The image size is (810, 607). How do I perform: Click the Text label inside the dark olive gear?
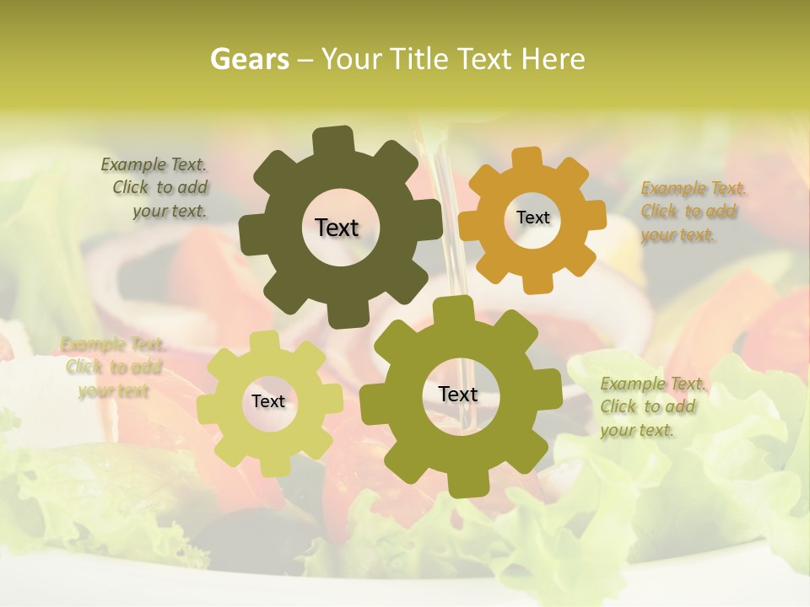pos(337,228)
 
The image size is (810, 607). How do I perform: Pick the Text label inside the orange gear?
pos(532,218)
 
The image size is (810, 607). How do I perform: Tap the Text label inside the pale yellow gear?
pos(268,402)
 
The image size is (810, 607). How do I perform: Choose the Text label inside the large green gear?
pos(458,394)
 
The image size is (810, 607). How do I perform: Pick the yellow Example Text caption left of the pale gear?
pos(112,368)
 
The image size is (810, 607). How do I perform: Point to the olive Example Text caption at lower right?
pos(651,407)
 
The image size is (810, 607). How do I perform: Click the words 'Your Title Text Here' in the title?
pos(453,59)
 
